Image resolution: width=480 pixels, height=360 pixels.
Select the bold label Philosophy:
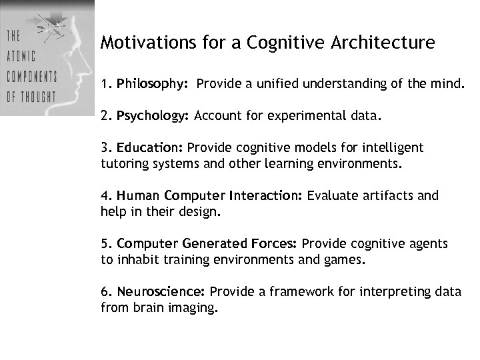153,85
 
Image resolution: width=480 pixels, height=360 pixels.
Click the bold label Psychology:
153,116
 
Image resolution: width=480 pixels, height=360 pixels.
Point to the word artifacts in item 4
388,196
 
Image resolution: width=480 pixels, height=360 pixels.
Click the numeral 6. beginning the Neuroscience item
106,292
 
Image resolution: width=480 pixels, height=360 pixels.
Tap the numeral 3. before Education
106,147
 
